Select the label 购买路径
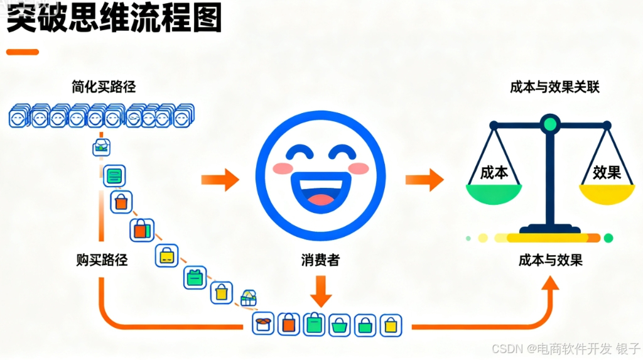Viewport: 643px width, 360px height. coord(102,259)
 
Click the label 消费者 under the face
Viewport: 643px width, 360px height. coord(320,259)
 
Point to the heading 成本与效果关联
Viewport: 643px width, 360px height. coord(554,87)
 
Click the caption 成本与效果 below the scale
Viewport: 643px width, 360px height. coord(551,259)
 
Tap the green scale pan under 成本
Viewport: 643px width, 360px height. coord(494,194)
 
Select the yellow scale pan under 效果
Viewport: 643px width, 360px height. coord(607,194)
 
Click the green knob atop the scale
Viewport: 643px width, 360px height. coord(550,123)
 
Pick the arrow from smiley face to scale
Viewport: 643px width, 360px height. coord(424,180)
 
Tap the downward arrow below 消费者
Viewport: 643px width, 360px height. coord(321,290)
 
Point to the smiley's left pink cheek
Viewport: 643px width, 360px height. coord(284,168)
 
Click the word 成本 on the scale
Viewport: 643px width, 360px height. coord(494,172)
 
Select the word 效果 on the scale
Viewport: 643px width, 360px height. coord(607,172)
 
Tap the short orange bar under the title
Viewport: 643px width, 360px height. coord(23,52)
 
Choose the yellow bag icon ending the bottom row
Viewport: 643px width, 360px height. coord(391,325)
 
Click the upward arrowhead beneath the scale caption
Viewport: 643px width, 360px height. coord(551,286)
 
